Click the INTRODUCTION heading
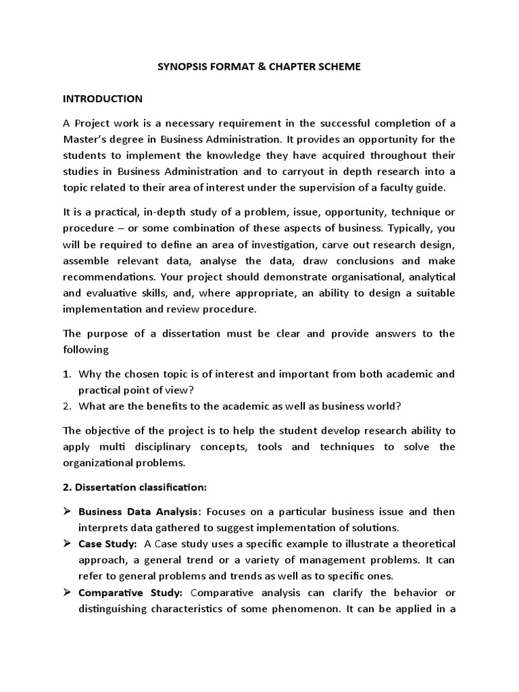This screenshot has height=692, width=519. (x=103, y=99)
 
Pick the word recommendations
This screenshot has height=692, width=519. (x=106, y=277)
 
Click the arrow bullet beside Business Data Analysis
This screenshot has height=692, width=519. (x=68, y=512)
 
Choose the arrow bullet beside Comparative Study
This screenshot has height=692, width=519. (x=68, y=593)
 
